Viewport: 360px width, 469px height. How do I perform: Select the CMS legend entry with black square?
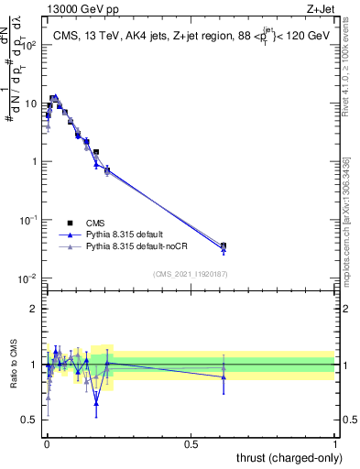click(x=70, y=223)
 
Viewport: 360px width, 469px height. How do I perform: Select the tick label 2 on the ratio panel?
click(x=34, y=309)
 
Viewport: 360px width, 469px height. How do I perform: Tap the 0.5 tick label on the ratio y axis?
click(x=30, y=420)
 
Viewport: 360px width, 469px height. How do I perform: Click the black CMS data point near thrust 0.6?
click(x=224, y=245)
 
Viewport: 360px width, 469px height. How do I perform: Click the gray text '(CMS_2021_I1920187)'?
click(x=190, y=273)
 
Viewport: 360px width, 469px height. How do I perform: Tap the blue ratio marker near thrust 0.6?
click(x=224, y=376)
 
